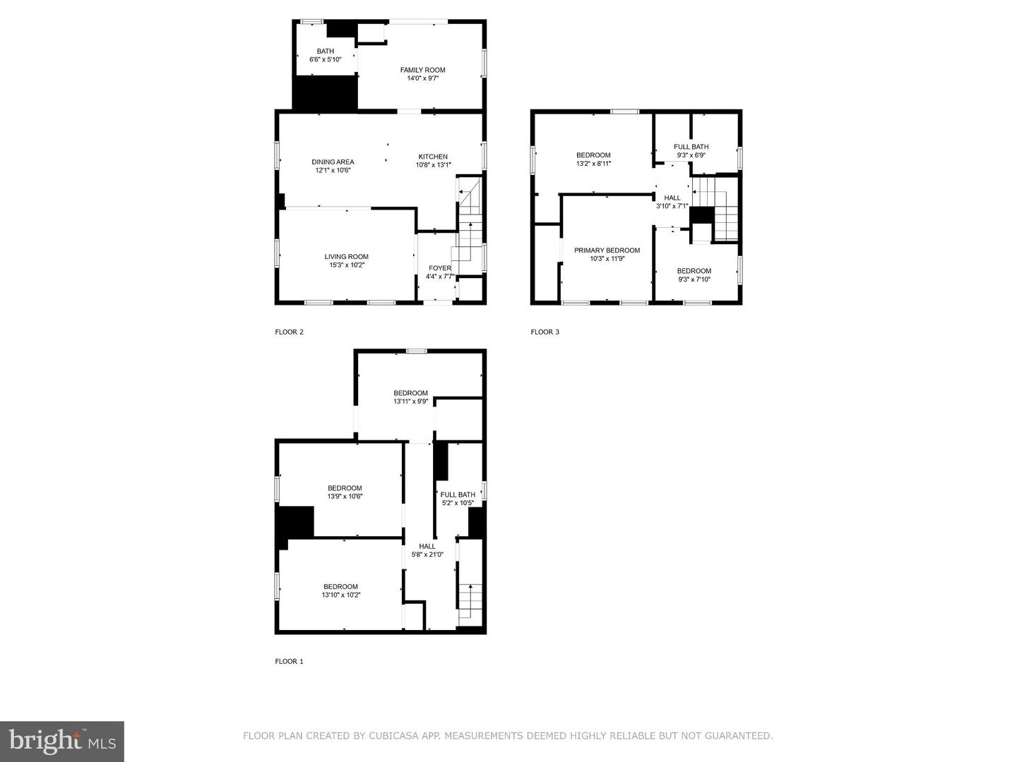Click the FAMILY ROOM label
tap(422, 74)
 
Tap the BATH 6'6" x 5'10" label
tap(325, 56)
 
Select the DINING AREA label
tap(333, 166)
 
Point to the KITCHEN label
tap(433, 161)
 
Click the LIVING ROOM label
tap(346, 261)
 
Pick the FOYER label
tap(439, 272)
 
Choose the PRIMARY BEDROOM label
tap(607, 255)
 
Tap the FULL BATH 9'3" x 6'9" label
tap(691, 151)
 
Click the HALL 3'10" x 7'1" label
tap(672, 202)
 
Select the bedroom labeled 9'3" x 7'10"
tap(694, 275)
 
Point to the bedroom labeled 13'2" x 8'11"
tap(593, 159)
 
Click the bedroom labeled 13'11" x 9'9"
tap(410, 397)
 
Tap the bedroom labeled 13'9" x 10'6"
tap(345, 492)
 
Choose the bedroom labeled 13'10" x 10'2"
tap(340, 591)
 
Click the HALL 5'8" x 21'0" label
tap(427, 550)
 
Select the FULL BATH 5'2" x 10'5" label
tap(458, 499)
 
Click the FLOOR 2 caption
tap(289, 332)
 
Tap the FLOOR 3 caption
tap(545, 332)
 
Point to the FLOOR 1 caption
tap(289, 661)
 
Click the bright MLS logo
tap(62, 741)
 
